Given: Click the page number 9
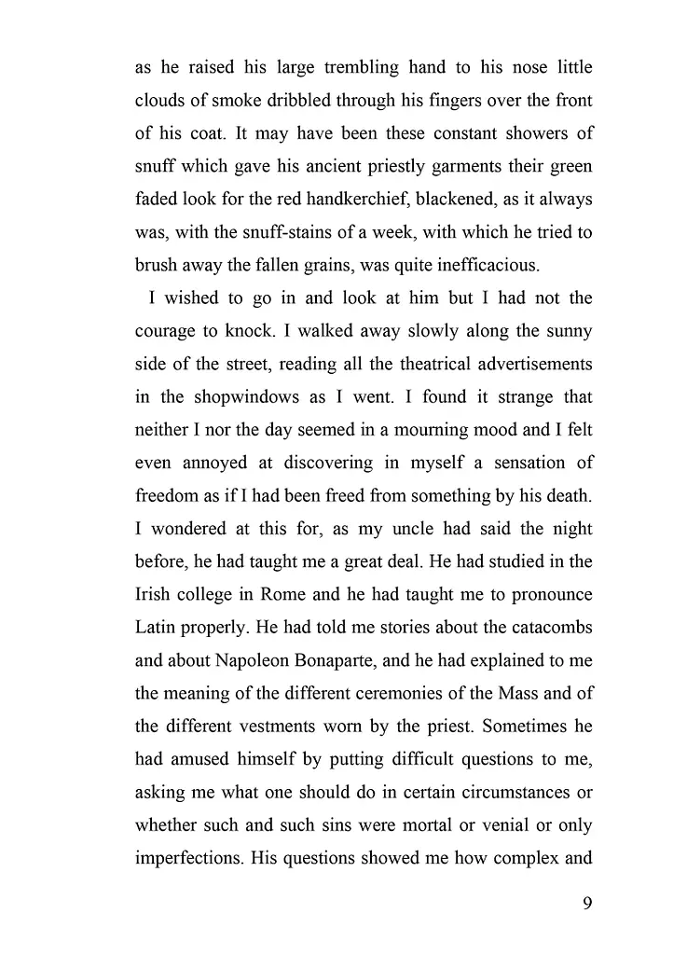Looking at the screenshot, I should point(586,903).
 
